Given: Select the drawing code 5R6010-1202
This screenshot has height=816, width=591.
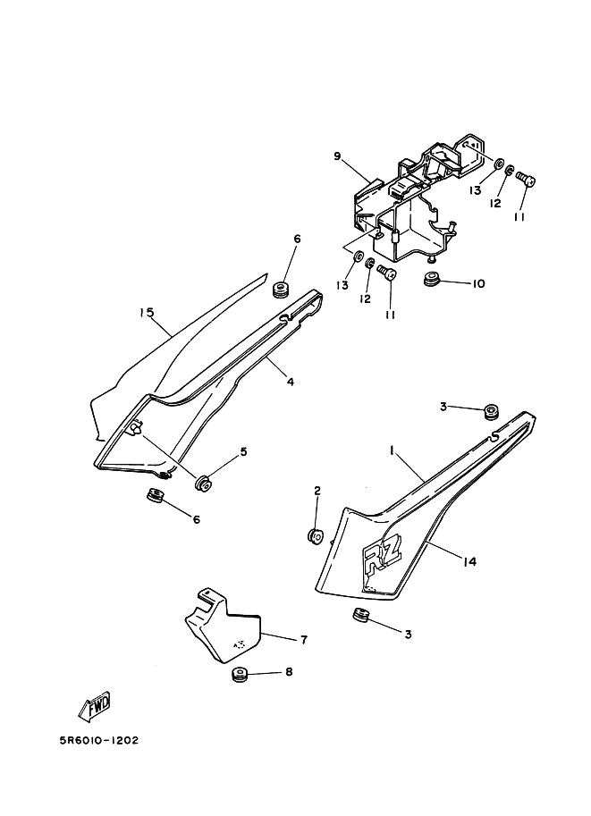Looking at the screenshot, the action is click(99, 740).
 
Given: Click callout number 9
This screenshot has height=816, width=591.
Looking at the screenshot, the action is click(337, 156).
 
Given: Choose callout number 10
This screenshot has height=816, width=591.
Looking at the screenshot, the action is click(478, 283).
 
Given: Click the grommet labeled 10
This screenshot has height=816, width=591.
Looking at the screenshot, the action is click(431, 279).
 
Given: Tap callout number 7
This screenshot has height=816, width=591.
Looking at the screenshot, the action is click(304, 640).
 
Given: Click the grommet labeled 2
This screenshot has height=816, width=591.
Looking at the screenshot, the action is click(317, 535).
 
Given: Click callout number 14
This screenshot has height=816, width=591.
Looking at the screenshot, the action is click(469, 561).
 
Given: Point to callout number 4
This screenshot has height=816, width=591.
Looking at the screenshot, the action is click(290, 382).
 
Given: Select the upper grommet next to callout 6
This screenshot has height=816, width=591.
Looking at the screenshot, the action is click(281, 289).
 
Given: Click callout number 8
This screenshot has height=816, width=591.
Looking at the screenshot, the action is click(289, 672).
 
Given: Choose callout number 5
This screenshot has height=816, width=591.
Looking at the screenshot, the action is click(243, 451).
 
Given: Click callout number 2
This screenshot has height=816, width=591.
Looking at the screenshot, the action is click(317, 491).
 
